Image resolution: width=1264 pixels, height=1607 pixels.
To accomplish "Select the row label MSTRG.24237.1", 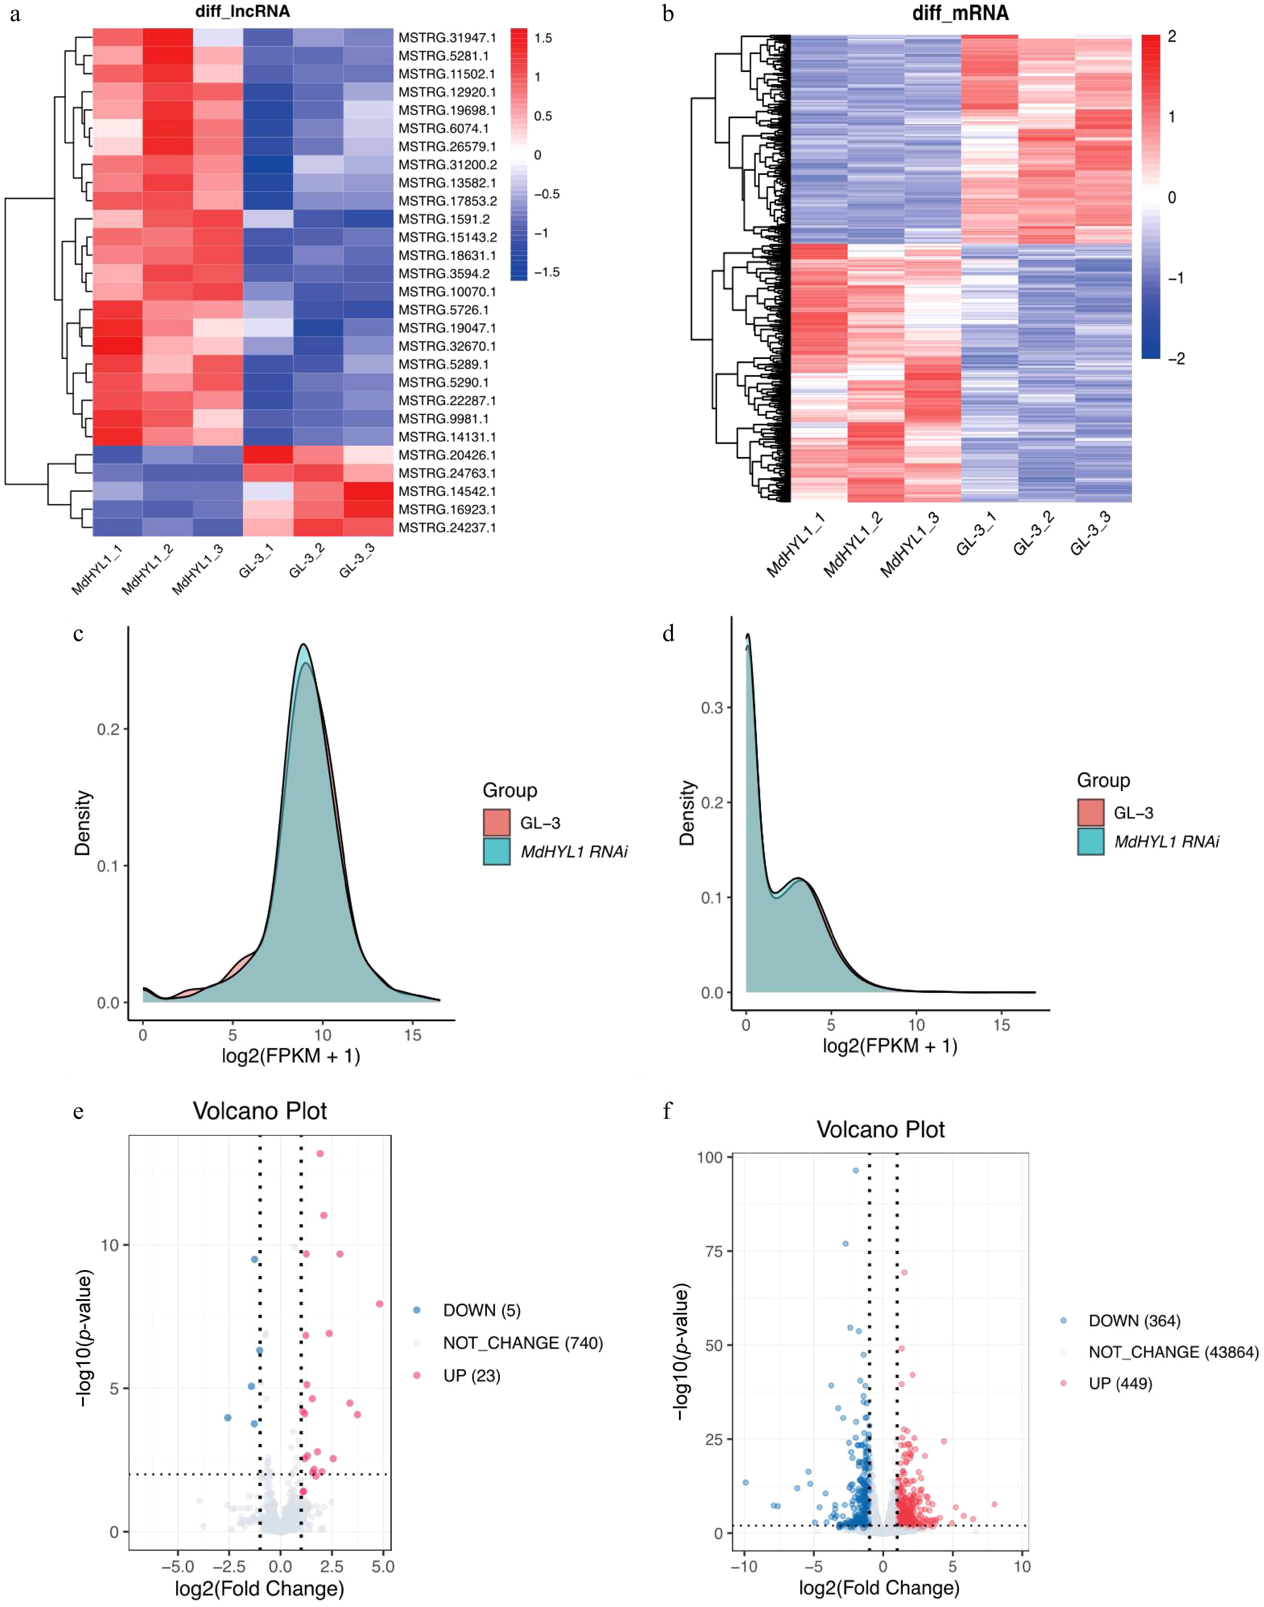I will (x=447, y=527).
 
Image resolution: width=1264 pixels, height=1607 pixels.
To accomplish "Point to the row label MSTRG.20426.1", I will (x=447, y=455).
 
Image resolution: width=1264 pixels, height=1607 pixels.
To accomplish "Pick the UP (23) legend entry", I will (x=471, y=1376).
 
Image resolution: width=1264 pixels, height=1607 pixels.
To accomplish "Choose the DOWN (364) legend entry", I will (x=1134, y=1321).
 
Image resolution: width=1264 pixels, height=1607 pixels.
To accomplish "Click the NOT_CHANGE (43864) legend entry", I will (x=1173, y=1352).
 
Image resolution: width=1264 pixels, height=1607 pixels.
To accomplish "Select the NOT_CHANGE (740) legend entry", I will (x=523, y=1343).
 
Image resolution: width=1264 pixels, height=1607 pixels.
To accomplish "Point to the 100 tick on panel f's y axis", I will (x=710, y=1157).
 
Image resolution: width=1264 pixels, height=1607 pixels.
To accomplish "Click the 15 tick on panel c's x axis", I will (x=412, y=1035).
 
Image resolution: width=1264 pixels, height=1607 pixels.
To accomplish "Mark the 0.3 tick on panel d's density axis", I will (x=712, y=708).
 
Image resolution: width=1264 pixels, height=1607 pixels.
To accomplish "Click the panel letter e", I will (x=78, y=1112).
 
